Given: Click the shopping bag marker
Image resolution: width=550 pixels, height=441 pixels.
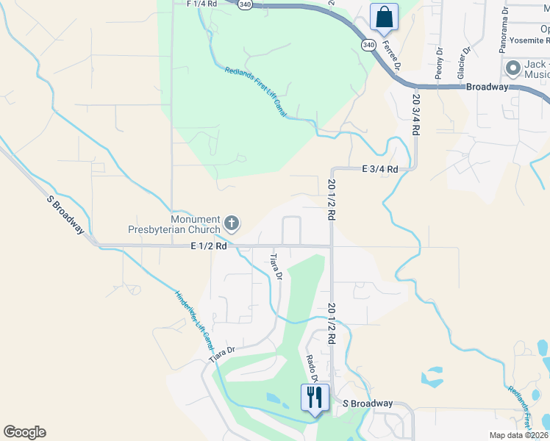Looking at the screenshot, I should pyautogui.click(x=385, y=17).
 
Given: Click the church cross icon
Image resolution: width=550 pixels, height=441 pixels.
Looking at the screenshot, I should pyautogui.click(x=232, y=223).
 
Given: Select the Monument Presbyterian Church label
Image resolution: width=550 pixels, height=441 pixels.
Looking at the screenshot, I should pyautogui.click(x=195, y=225).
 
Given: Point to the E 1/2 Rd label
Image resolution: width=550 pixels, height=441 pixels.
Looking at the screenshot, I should pyautogui.click(x=208, y=246).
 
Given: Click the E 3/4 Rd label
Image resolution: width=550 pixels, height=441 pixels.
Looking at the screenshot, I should pyautogui.click(x=379, y=169).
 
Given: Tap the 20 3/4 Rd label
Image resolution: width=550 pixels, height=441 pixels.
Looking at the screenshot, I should pyautogui.click(x=415, y=114).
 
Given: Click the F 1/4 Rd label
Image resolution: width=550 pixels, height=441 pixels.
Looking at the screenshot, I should pyautogui.click(x=202, y=4).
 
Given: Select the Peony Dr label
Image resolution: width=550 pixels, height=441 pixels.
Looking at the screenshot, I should pyautogui.click(x=439, y=64).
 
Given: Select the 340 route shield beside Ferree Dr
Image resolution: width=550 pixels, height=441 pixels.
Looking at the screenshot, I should pyautogui.click(x=368, y=45).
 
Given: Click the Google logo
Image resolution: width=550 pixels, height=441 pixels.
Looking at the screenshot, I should pyautogui.click(x=24, y=432).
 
